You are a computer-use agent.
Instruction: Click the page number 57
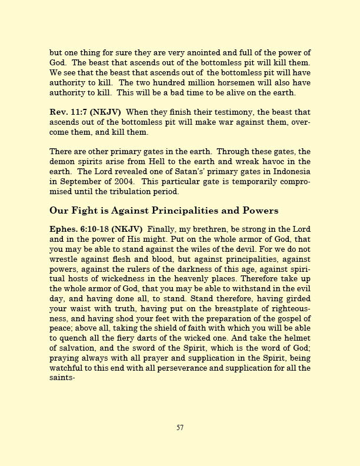(x=180, y=428)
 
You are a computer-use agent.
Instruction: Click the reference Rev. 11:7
(x=66, y=112)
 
